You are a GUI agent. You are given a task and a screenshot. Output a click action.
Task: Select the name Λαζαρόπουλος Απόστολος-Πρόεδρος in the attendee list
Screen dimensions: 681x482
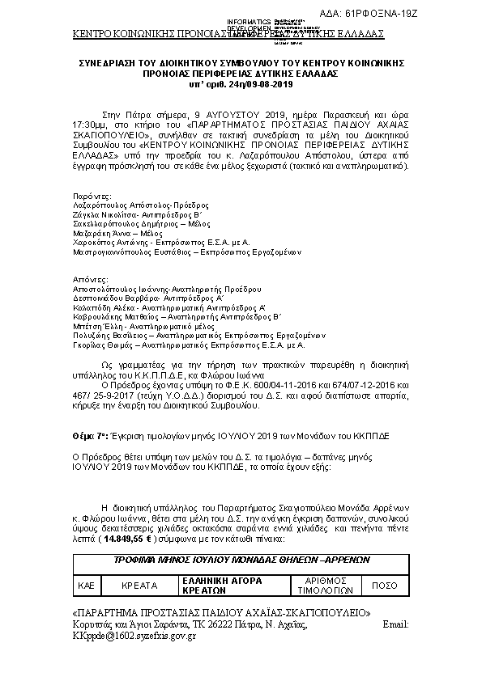click(129, 206)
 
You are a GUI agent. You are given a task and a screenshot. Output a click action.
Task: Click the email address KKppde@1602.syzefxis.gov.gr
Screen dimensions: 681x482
click(134, 637)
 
